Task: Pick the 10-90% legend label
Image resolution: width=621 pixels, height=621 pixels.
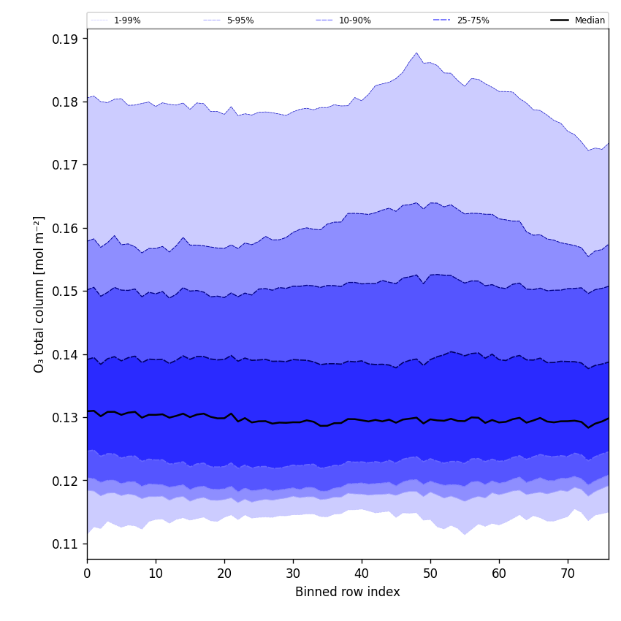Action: [x=354, y=20]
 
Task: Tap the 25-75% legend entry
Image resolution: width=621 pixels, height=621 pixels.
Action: [x=473, y=20]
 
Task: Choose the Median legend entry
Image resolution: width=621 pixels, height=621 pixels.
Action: [x=590, y=20]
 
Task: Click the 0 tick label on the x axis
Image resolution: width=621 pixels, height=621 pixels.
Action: [x=87, y=574]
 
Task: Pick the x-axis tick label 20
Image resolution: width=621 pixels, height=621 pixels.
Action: [x=224, y=574]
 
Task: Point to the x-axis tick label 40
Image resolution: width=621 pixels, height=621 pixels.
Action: [x=362, y=574]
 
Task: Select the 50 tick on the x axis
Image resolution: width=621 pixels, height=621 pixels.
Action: [x=430, y=574]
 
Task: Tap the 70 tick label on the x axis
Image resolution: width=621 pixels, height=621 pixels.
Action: [x=568, y=574]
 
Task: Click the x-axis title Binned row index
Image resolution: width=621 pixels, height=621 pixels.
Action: [x=348, y=593]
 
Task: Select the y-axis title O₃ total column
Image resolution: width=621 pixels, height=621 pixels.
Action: [x=39, y=294]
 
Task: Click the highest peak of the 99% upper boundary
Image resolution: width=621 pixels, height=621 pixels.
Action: [x=416, y=53]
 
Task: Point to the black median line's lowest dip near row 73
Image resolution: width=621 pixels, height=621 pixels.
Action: [x=588, y=427]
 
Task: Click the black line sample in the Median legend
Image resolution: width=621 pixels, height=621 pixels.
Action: [x=560, y=20]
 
